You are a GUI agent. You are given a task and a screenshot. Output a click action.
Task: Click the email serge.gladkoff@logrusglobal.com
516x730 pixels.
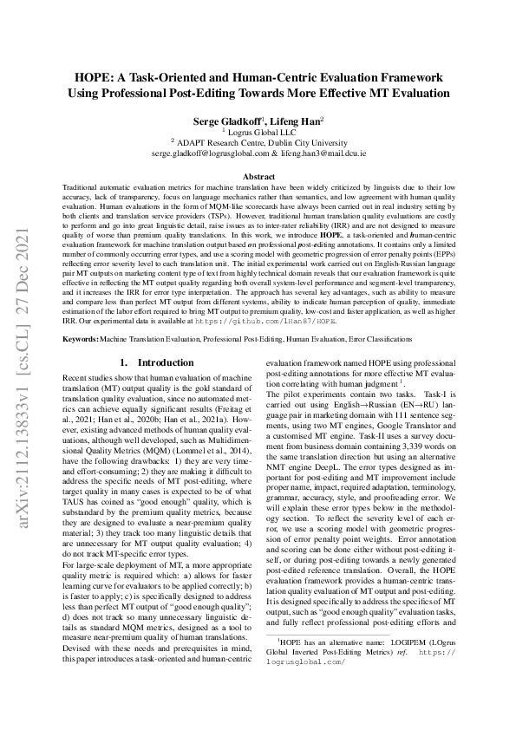click(206, 152)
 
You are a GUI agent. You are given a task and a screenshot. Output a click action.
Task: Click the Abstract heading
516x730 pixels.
click(258, 176)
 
